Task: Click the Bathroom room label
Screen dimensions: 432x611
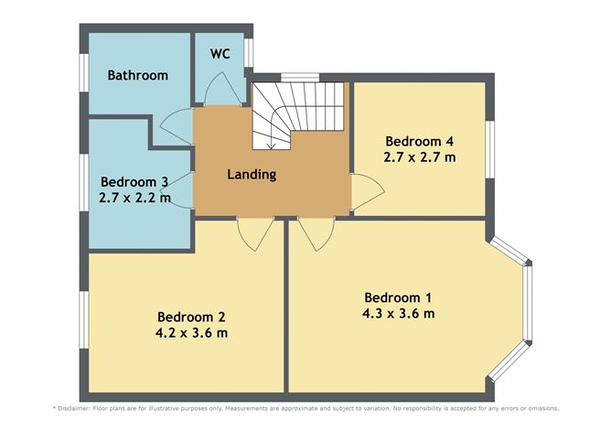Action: coord(137,75)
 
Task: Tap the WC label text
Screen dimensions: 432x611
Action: coord(220,53)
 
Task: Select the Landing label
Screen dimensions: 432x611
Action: coord(252,174)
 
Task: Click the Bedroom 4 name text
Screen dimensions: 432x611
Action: coord(420,141)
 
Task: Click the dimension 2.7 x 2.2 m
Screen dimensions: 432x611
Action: coord(135,197)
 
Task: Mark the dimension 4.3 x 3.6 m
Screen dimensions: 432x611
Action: coord(399,314)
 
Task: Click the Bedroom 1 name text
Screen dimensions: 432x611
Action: coord(399,297)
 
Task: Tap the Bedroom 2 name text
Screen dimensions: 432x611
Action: coord(191,315)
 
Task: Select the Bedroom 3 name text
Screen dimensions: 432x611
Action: coord(135,180)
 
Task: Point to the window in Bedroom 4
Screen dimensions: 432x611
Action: coord(489,146)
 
